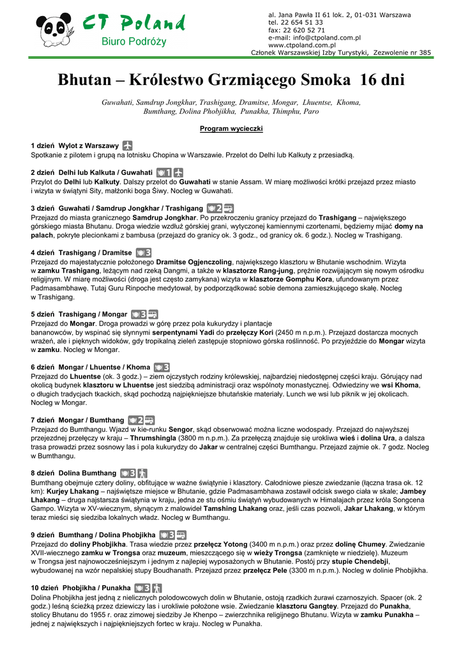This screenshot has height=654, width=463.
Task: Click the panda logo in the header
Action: pyautogui.click(x=55, y=29)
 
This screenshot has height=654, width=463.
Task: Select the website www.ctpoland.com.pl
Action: pyautogui.click(x=302, y=45)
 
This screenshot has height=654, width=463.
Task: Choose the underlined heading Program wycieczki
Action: pyautogui.click(x=231, y=128)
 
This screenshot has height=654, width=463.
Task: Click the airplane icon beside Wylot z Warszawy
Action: pyautogui.click(x=128, y=146)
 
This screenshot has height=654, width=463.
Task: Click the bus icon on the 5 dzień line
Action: pyautogui.click(x=153, y=314)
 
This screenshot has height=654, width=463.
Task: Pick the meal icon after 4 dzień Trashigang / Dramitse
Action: pyautogui.click(x=143, y=253)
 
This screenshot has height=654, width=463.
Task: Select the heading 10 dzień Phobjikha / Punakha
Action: pyautogui.click(x=80, y=588)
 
